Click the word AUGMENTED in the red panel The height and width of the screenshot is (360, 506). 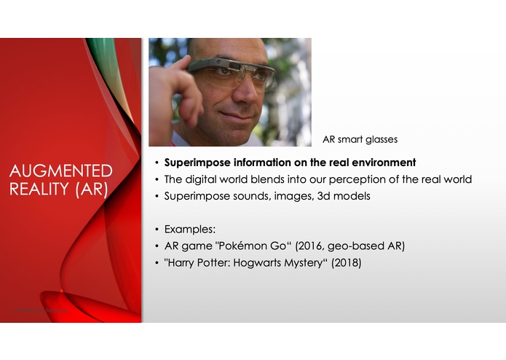pos(60,171)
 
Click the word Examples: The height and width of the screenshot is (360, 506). pos(189,230)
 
